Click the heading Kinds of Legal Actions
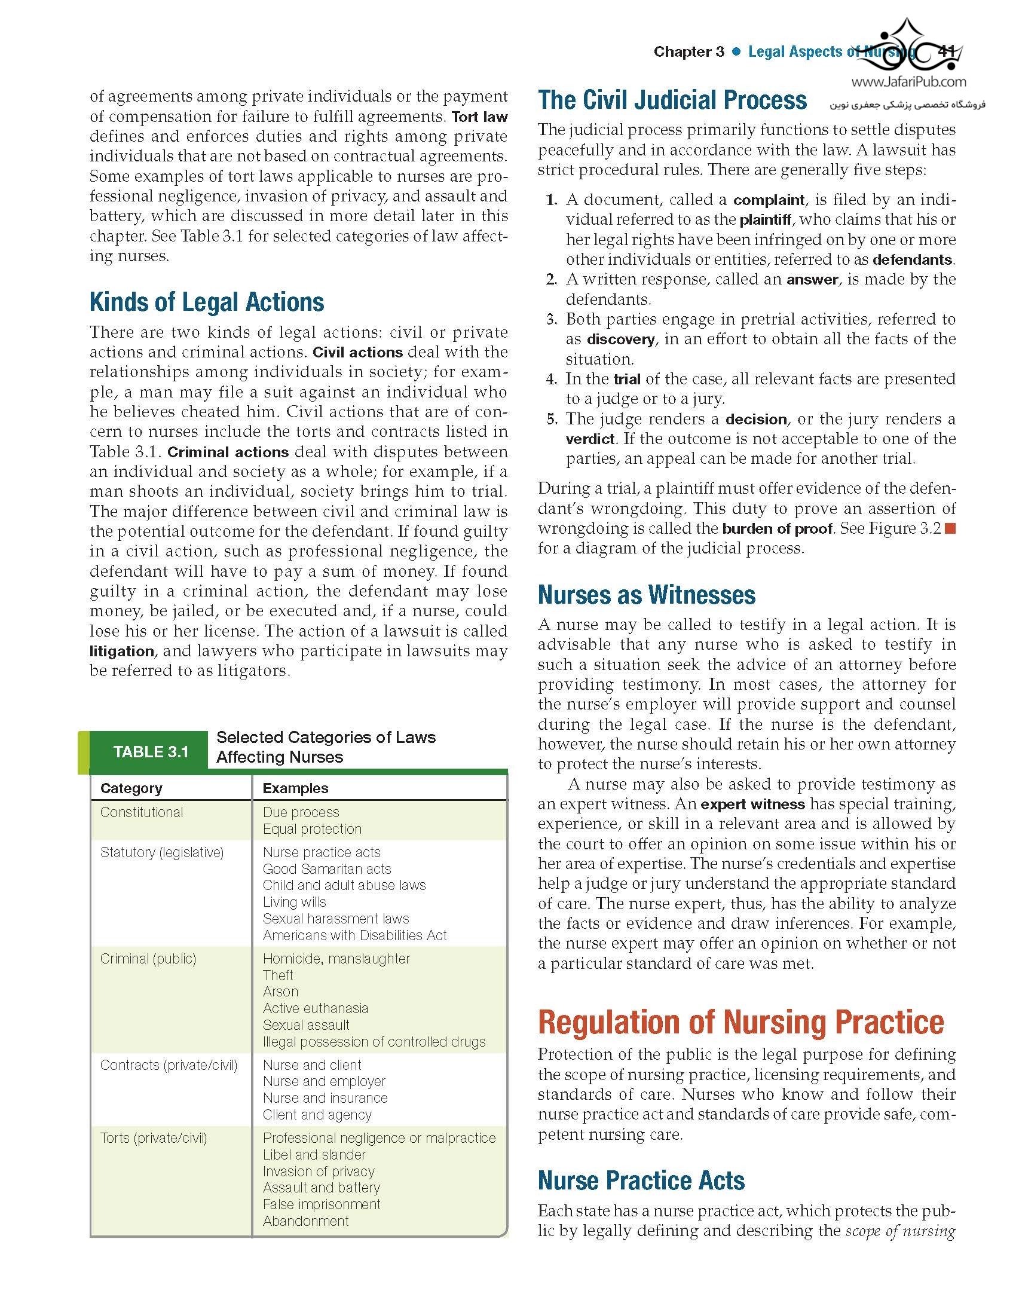[207, 302]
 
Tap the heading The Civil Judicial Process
[672, 100]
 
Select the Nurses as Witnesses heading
[647, 595]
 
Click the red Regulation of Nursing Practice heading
[741, 1023]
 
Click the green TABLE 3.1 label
[151, 751]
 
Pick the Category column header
[131, 788]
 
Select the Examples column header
[295, 788]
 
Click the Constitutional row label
[142, 812]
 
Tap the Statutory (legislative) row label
[162, 852]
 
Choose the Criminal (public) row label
[148, 959]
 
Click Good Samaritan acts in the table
[327, 869]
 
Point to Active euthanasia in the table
[316, 1008]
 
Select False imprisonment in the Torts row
[322, 1204]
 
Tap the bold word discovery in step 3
[620, 339]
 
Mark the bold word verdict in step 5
[590, 439]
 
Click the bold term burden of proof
[777, 529]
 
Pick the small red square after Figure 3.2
[950, 528]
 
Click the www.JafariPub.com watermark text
[908, 82]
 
